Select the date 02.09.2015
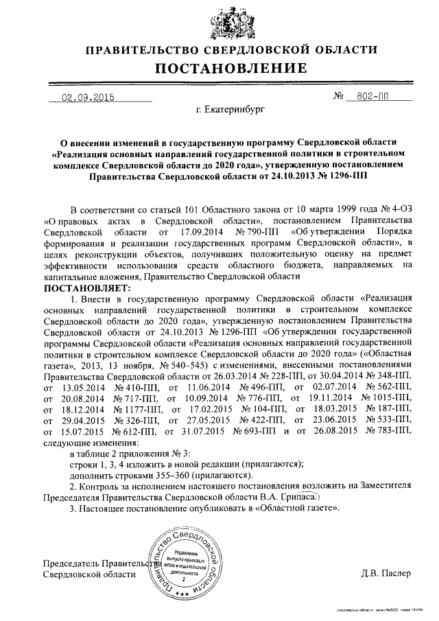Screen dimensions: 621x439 coord(88,98)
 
